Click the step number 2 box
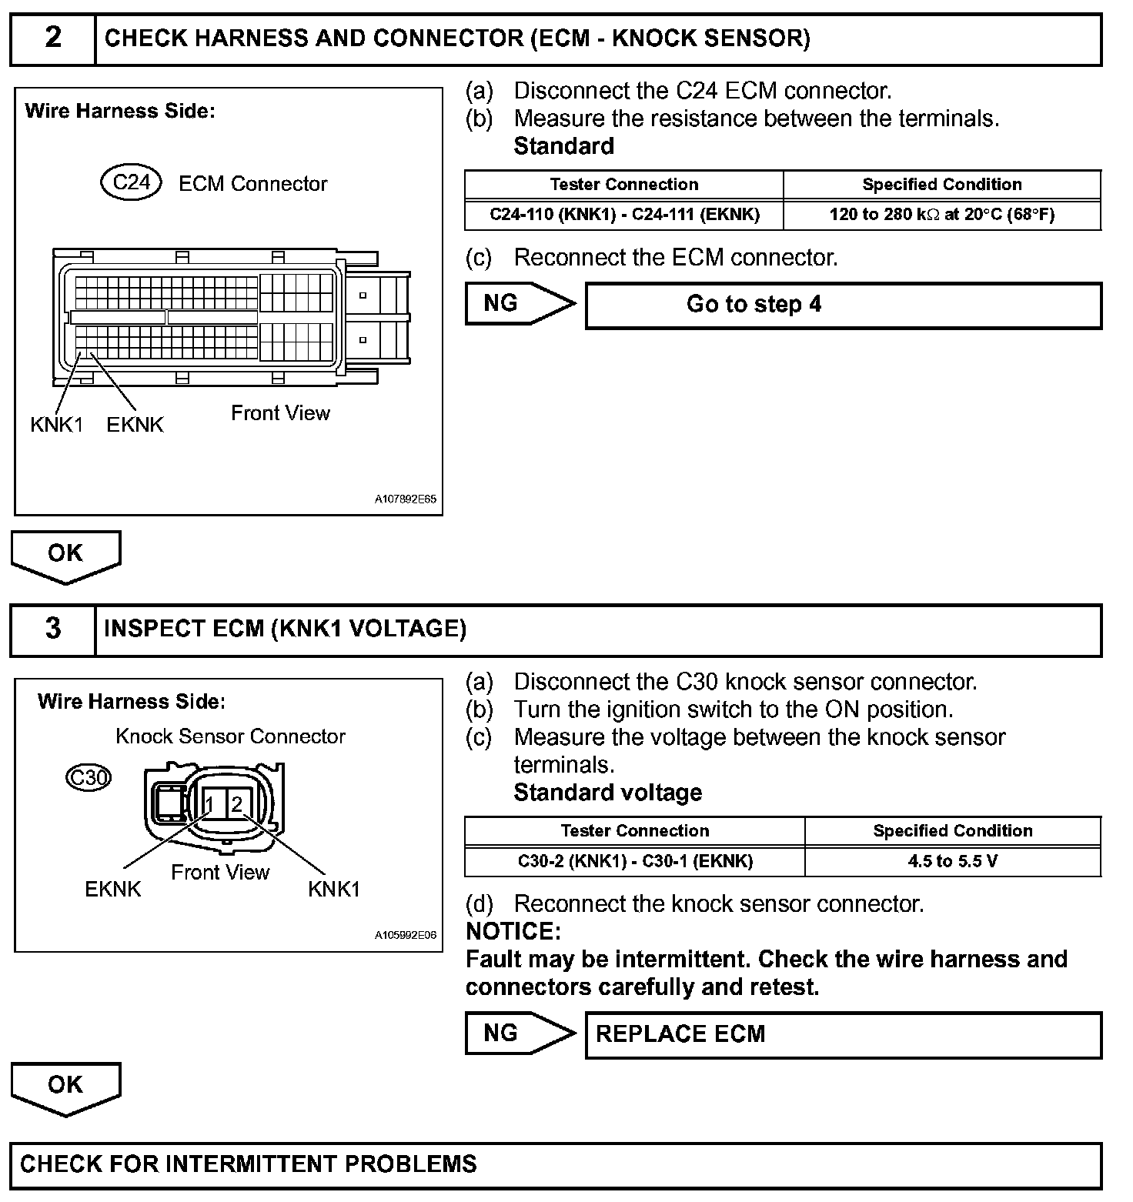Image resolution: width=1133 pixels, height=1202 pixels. pos(53,38)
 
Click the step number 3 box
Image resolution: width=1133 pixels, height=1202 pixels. pos(53,629)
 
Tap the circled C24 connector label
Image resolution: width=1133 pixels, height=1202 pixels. pos(131,183)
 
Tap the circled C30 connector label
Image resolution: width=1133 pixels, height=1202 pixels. pos(89,778)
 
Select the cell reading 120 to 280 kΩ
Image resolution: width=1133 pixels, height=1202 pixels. pos(942,215)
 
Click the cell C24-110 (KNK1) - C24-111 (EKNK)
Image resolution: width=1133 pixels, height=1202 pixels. pos(624,215)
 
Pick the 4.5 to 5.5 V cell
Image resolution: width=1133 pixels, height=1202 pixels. pos(953,861)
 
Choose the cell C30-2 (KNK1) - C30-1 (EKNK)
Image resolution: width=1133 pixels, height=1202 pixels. pos(635,861)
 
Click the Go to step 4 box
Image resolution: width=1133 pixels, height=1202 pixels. pos(844,306)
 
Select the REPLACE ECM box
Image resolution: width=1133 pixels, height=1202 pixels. pos(844,1035)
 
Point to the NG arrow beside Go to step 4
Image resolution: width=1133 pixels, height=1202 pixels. pos(520,304)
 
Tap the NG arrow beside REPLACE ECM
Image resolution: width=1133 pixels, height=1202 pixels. pos(520,1033)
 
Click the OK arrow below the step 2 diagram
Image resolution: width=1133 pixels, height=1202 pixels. pos(65,556)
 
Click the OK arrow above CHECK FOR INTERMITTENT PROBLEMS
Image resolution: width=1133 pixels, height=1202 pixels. pos(65,1087)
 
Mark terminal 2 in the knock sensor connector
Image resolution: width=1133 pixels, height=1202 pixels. pos(237,805)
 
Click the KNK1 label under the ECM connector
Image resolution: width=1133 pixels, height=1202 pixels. pos(56,425)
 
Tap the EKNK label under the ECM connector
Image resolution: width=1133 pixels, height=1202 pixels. pos(135,425)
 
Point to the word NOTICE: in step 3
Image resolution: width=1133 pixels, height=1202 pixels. pos(513,932)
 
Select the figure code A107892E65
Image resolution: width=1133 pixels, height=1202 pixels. pos(406,499)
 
